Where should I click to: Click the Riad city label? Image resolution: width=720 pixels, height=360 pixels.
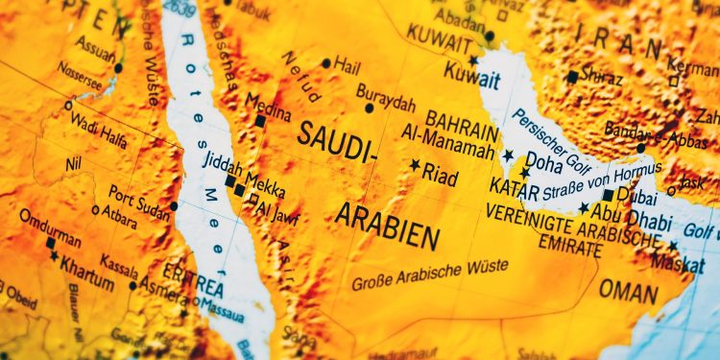441,177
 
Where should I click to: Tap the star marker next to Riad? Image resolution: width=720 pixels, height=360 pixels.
416,165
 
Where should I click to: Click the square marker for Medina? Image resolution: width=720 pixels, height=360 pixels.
260,122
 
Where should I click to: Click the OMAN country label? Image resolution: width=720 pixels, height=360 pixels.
629,289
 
